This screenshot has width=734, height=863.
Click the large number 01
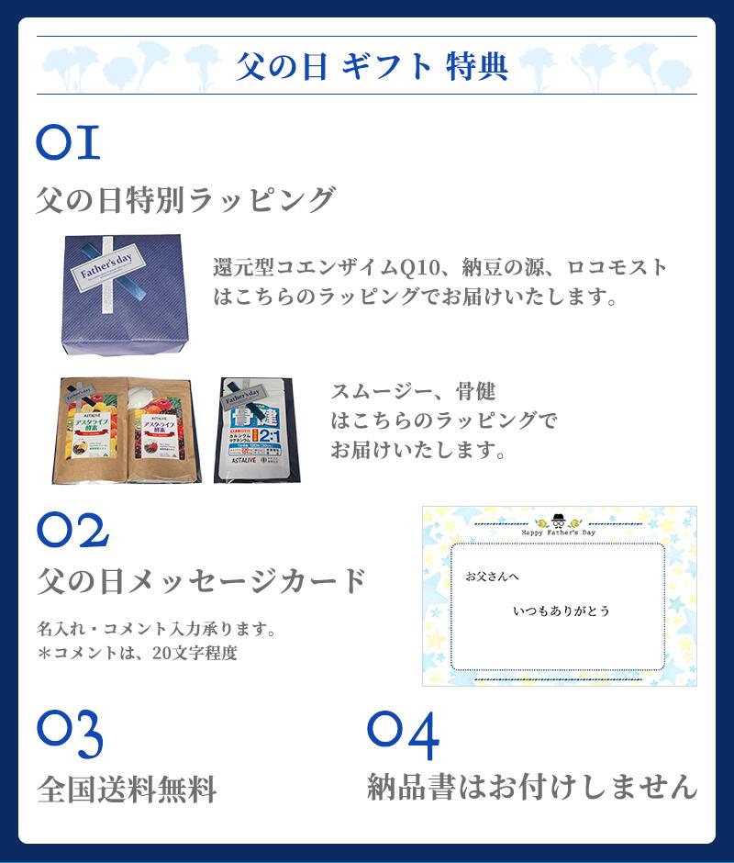coord(68,144)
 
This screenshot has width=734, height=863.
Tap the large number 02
coord(73,530)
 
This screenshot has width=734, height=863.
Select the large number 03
coord(70,731)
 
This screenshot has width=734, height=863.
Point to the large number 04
coord(403,731)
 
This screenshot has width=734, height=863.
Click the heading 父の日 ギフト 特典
coord(372,67)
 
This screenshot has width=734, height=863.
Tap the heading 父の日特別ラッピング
coord(185,199)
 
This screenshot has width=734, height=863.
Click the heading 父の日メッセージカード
coord(202,580)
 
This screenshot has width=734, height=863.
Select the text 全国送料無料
coord(127,789)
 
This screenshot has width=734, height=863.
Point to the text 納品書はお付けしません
coord(532,787)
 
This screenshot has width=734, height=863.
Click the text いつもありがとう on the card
coord(561,611)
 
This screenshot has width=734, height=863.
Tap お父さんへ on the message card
coord(486,577)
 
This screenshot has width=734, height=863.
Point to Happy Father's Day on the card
coord(559,531)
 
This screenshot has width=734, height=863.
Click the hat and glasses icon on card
coord(559,517)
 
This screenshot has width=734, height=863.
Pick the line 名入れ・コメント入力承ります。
coord(157,630)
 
